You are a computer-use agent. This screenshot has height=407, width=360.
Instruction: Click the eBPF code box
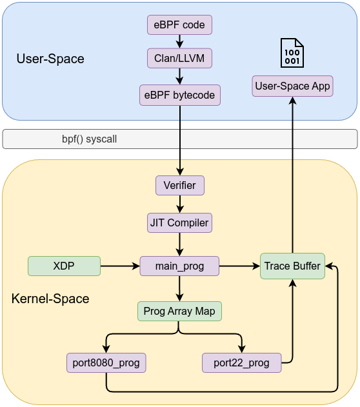(179, 25)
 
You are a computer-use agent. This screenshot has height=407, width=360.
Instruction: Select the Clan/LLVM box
(179, 58)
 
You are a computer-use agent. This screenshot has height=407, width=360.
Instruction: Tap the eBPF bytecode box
(180, 95)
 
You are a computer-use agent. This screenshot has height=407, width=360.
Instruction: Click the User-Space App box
(292, 86)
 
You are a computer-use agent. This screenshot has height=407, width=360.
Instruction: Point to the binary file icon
(292, 54)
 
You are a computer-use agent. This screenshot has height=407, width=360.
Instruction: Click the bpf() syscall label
(89, 139)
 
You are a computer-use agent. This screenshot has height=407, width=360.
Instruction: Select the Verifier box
(180, 185)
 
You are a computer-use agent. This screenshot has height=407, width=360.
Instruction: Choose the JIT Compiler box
(179, 223)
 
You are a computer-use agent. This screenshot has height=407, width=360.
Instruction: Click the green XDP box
(64, 266)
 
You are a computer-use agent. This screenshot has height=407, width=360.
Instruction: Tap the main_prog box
(179, 266)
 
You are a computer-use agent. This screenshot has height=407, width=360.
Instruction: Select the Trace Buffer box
(292, 266)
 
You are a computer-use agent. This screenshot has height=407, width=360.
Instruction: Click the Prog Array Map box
(179, 312)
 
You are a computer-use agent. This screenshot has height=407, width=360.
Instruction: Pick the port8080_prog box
(106, 362)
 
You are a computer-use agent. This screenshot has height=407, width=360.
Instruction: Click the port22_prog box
(241, 362)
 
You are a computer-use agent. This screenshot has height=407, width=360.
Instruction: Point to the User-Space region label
(50, 59)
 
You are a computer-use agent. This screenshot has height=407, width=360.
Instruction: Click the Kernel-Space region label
(50, 299)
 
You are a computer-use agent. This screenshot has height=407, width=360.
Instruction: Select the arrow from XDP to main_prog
(120, 266)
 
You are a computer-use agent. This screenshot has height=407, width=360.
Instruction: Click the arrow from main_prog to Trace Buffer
(239, 266)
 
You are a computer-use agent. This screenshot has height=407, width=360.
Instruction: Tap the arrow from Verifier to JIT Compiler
(180, 204)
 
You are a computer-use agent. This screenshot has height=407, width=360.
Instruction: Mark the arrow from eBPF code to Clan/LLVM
(179, 41)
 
